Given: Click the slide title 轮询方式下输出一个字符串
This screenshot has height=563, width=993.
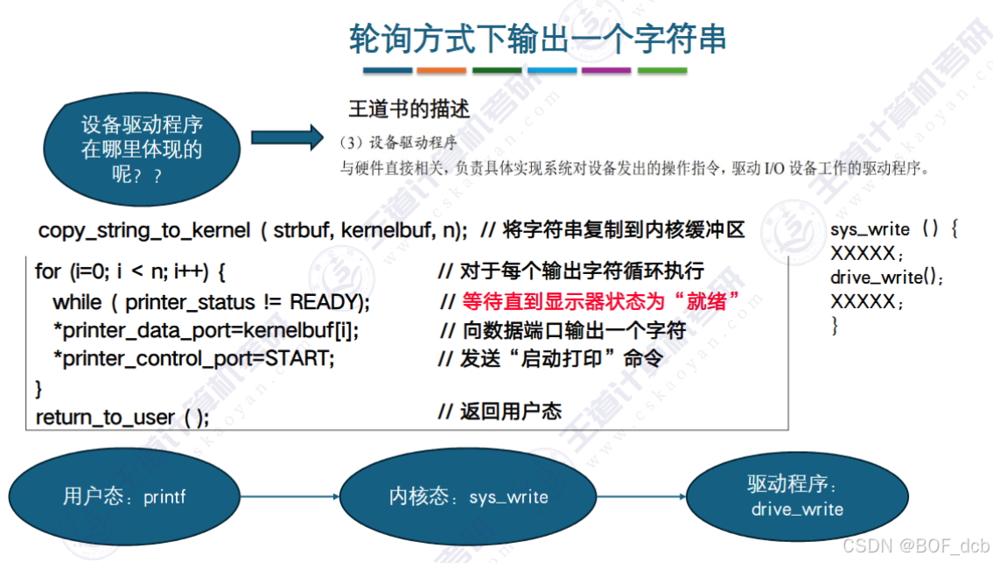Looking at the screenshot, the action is pyautogui.click(x=537, y=39).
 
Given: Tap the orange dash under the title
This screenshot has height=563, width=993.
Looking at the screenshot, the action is pyautogui.click(x=442, y=71).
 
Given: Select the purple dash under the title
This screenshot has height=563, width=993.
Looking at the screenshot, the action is pyautogui.click(x=606, y=71).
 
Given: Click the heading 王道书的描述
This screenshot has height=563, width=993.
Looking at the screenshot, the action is pyautogui.click(x=409, y=109).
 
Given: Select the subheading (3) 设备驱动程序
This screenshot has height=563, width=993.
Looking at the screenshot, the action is pyautogui.click(x=398, y=142).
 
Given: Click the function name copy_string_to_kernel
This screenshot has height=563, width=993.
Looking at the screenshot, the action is pyautogui.click(x=143, y=231).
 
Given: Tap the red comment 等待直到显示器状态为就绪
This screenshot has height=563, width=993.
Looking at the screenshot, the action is pyautogui.click(x=601, y=302).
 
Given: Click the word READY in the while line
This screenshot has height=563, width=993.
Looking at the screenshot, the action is pyautogui.click(x=327, y=303).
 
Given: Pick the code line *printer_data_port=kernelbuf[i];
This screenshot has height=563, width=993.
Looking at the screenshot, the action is pyautogui.click(x=206, y=331).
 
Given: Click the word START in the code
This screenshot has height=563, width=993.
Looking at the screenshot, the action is pyautogui.click(x=304, y=359).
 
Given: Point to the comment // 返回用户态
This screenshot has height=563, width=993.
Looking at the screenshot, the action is pyautogui.click(x=500, y=412).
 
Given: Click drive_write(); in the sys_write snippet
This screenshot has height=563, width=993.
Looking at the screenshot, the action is pyautogui.click(x=887, y=278).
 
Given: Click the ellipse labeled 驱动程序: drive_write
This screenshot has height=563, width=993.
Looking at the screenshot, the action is pyautogui.click(x=797, y=496).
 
